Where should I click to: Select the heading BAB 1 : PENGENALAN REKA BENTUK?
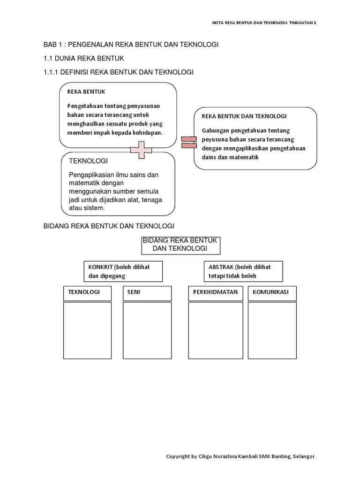tap(131, 45)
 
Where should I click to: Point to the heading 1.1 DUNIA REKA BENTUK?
tap(83, 58)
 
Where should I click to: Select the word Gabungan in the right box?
tap(215, 130)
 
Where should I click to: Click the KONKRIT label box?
tap(123, 271)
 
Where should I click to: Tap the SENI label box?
tap(147, 292)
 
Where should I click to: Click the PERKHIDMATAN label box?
tap(215, 292)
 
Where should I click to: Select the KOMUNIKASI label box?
tap(272, 292)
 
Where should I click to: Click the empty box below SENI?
tap(147, 330)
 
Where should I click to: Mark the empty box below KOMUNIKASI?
tap(272, 330)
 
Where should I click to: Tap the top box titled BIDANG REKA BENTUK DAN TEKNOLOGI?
tap(180, 244)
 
